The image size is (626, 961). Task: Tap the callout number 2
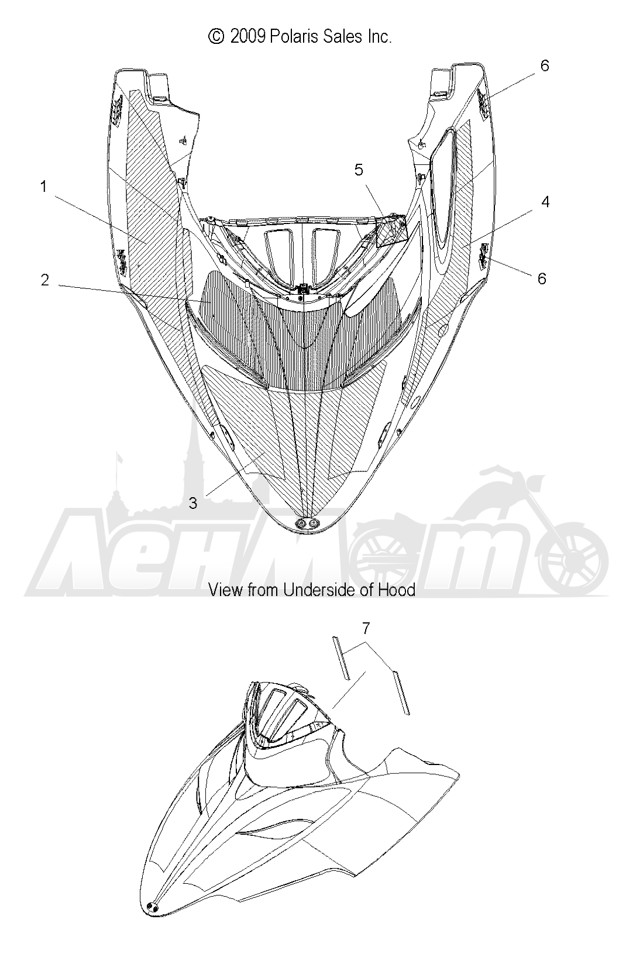coord(45,280)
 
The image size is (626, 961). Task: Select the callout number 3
coord(193,503)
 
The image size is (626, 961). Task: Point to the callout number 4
coord(545,202)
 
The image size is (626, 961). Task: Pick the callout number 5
coord(359,170)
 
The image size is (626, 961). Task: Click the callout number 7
coord(366,629)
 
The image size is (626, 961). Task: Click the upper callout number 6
coord(545,66)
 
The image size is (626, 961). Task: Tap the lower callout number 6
coord(542,278)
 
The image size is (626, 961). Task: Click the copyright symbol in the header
coord(216,37)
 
